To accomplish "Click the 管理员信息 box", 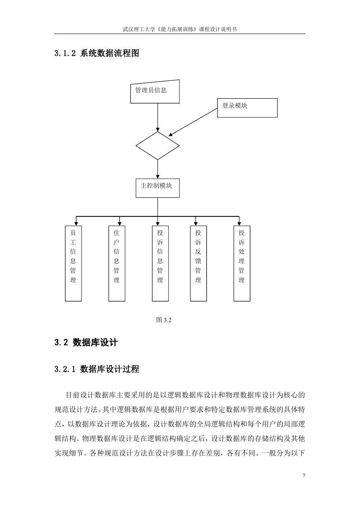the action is (x=155, y=92).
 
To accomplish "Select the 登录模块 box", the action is (x=247, y=108).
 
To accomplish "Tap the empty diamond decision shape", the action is (x=157, y=145).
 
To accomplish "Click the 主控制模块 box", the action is (x=157, y=188).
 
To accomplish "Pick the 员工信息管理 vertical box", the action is (x=73, y=263).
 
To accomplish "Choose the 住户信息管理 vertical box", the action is (x=117, y=263).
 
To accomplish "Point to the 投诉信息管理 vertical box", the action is (x=160, y=263).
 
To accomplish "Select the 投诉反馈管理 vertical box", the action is (x=198, y=263).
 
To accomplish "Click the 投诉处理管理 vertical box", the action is (x=242, y=263).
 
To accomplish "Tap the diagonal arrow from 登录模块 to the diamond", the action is (x=193, y=122).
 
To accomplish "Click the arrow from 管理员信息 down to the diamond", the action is (x=157, y=117).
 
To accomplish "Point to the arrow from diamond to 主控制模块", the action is (x=157, y=169).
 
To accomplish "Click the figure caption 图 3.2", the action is (x=164, y=320).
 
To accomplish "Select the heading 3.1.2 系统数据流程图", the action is (x=97, y=53).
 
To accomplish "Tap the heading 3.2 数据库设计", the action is (x=86, y=342).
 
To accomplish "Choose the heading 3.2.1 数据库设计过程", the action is (x=97, y=369).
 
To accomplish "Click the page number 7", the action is (x=304, y=475).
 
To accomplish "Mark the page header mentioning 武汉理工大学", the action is (x=180, y=29).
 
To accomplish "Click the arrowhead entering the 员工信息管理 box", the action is (x=76, y=224).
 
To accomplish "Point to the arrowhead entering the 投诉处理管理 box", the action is (x=239, y=224).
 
